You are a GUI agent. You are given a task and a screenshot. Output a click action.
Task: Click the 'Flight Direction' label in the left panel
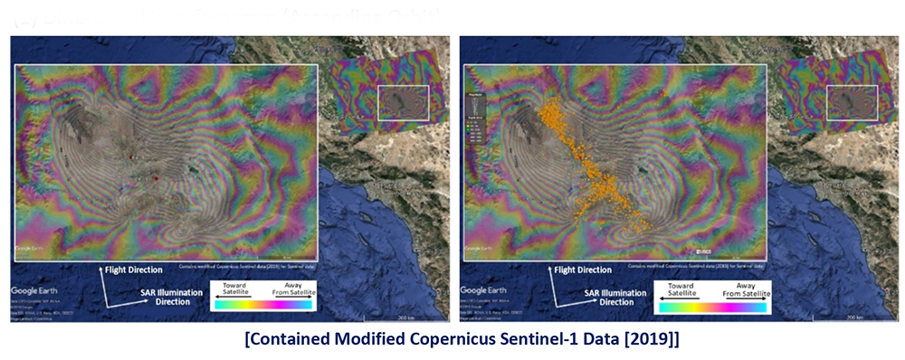[x=131, y=270]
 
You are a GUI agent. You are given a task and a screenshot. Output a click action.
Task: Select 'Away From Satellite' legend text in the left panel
[x=291, y=289]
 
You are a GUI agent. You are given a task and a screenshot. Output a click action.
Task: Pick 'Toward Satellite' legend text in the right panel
[x=681, y=289]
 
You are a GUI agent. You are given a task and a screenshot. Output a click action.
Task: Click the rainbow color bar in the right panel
[x=712, y=307]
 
